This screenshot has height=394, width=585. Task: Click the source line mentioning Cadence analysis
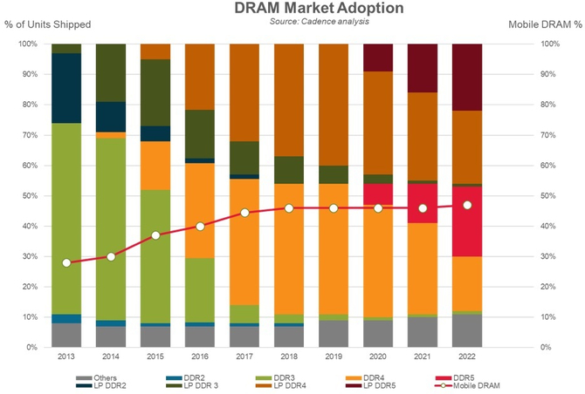pyautogui.click(x=294, y=21)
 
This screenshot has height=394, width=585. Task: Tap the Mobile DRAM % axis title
pyautogui.click(x=544, y=24)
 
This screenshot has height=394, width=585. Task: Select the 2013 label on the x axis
pyautogui.click(x=66, y=357)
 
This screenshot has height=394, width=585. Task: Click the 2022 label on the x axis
pyautogui.click(x=467, y=357)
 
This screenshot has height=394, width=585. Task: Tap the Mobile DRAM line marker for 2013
pyautogui.click(x=66, y=262)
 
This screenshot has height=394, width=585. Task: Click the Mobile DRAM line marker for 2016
pyautogui.click(x=200, y=226)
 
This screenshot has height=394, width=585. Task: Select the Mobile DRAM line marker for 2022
pyautogui.click(x=467, y=205)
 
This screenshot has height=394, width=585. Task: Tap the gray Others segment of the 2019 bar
pyautogui.click(x=334, y=334)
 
